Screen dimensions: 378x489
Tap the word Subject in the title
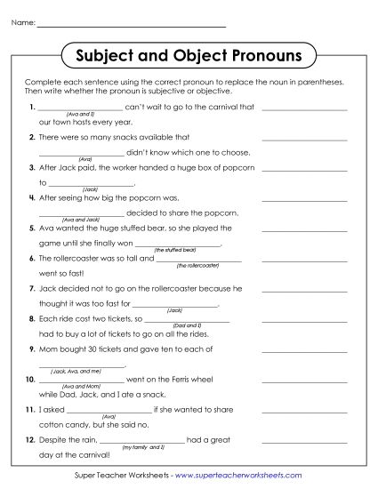[x=116, y=56]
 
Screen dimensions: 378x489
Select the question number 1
[x=31, y=107]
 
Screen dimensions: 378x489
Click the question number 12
[x=29, y=438]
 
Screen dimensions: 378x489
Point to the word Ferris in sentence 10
[x=202, y=379]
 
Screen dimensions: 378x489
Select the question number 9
[x=31, y=348]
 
